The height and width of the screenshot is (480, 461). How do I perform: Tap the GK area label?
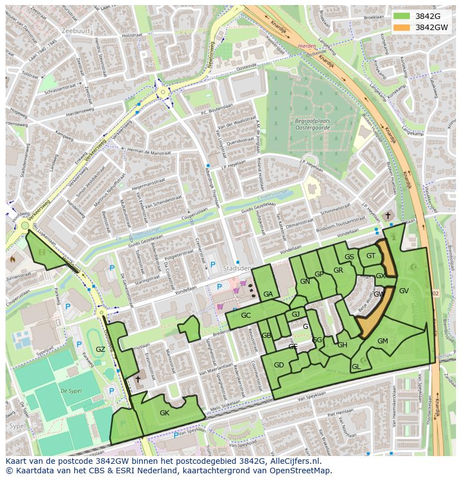tap(164, 413)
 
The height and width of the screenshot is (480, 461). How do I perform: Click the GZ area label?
tap(100, 350)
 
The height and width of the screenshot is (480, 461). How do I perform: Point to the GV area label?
tap(404, 290)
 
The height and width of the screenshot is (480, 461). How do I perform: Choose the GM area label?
tap(382, 341)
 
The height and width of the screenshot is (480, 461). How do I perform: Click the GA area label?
tap(268, 294)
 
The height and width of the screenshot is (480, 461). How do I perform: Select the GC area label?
tap(246, 316)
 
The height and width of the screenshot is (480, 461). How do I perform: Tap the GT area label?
tap(371, 256)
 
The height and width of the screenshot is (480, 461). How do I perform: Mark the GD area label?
tap(279, 365)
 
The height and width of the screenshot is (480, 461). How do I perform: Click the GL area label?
tap(356, 366)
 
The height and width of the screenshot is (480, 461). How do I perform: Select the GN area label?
tap(305, 282)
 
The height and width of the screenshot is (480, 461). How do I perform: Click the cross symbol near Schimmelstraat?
tap(388, 215)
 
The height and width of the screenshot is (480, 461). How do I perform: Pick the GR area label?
tap(338, 270)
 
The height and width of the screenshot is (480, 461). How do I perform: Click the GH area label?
tap(342, 345)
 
